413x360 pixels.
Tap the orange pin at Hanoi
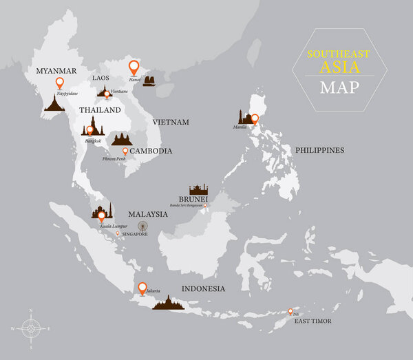tap(134, 67)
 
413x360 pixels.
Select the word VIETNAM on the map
tap(171, 122)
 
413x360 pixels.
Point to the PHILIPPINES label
tap(319, 149)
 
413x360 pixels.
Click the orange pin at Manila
tap(255, 119)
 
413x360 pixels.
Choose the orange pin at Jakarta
tap(142, 288)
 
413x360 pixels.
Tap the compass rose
tap(30, 328)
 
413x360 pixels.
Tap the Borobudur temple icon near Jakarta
tap(169, 303)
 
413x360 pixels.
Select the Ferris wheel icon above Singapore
tap(142, 225)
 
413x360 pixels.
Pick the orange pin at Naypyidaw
tap(60, 83)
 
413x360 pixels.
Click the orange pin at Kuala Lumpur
tap(101, 216)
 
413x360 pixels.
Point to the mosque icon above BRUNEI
tap(198, 189)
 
